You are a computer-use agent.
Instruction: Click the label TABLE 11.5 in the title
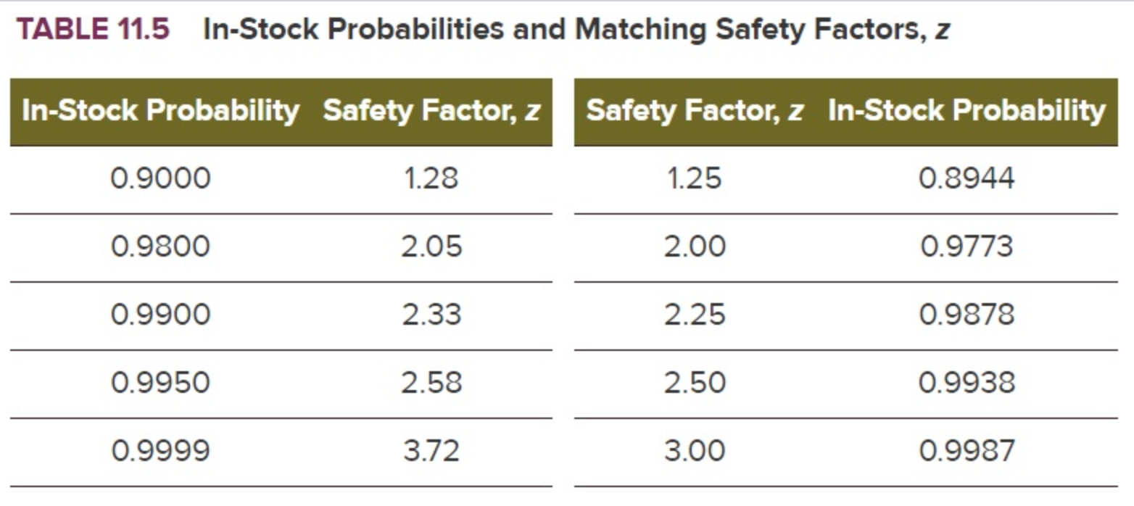pos(93,30)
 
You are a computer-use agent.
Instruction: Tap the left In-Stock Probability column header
pos(160,111)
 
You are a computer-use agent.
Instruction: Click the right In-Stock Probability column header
pos(967,111)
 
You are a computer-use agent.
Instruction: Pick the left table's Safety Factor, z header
pos(432,111)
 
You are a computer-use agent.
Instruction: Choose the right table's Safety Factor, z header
pos(694,111)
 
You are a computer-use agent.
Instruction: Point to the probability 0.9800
pos(160,246)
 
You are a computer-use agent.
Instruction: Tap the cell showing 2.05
pos(431,246)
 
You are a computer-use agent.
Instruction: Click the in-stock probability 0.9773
pos(967,246)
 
